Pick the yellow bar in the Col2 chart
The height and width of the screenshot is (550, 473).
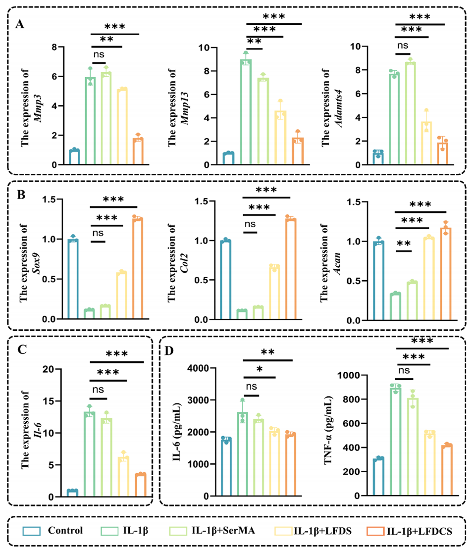[273, 293]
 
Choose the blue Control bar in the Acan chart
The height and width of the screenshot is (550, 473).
[378, 281]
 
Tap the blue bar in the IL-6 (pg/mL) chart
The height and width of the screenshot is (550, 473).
[226, 468]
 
